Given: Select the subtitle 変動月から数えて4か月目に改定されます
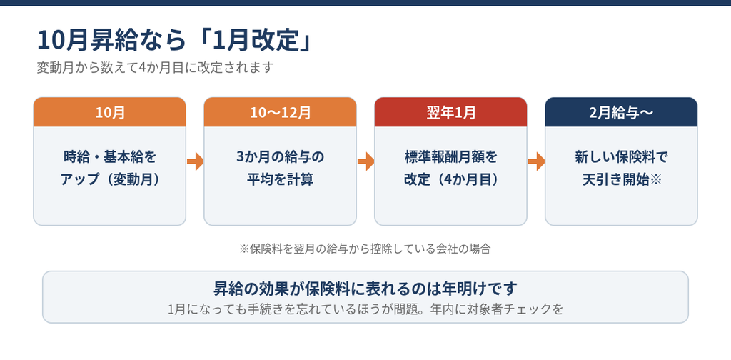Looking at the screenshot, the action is pos(154,68).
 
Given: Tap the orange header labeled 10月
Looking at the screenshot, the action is pos(109,112).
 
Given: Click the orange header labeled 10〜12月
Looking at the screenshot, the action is pos(280,112).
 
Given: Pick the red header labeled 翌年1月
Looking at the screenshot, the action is pos(451,112).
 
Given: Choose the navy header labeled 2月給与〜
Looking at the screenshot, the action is pos(622,112).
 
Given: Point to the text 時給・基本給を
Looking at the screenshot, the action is pos(109,157).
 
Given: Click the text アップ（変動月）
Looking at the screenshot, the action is pos(109,179).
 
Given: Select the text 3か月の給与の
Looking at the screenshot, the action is pos(280,157).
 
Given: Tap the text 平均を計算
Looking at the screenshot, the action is pos(280,179).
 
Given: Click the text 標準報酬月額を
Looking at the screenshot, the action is pos(451,157).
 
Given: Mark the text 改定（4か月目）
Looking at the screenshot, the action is pos(451,179).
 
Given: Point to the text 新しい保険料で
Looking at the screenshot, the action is pos(622,157).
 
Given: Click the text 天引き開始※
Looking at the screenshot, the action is pos(622,179).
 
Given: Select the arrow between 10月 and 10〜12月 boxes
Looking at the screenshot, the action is pos(196,162).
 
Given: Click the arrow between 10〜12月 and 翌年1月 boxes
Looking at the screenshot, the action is pos(366,162).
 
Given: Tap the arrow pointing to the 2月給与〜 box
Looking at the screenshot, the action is pos(537,162).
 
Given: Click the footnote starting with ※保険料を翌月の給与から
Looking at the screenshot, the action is pos(365,249).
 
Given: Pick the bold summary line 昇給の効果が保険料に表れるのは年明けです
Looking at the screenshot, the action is pos(365,289).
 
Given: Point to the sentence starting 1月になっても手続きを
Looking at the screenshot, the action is pos(365,309).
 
